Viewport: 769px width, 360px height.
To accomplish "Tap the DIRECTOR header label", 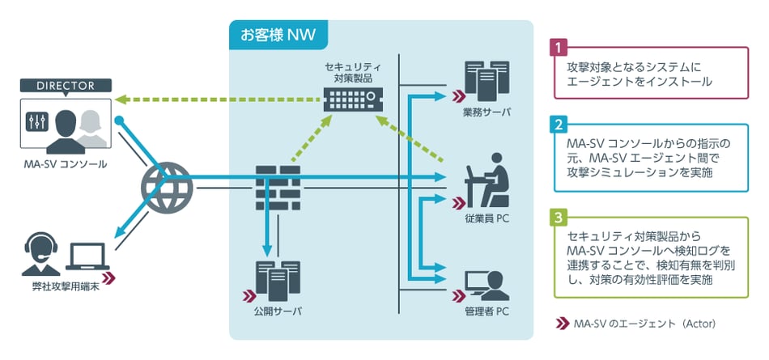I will tap(66, 85).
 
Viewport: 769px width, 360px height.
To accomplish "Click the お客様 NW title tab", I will tap(278, 35).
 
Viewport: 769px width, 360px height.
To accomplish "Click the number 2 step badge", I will tap(557, 125).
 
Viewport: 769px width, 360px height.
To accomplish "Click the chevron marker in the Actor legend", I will tap(561, 323).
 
